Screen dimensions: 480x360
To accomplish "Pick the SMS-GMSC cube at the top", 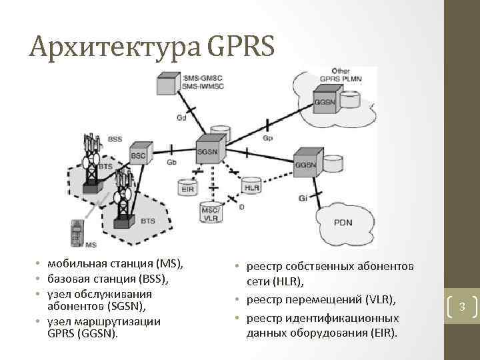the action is [x=169, y=83].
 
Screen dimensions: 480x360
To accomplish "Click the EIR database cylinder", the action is [x=189, y=187].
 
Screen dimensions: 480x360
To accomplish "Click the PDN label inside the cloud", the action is [x=343, y=223].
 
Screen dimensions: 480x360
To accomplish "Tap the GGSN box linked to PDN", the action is [x=306, y=165].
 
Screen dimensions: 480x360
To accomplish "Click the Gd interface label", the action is [x=181, y=119].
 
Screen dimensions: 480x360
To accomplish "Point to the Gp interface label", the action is [x=267, y=139].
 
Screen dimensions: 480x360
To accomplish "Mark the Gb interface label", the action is [x=171, y=162].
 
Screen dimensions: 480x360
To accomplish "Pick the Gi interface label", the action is [x=303, y=198].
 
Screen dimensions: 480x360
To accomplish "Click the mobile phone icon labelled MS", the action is [x=77, y=233].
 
